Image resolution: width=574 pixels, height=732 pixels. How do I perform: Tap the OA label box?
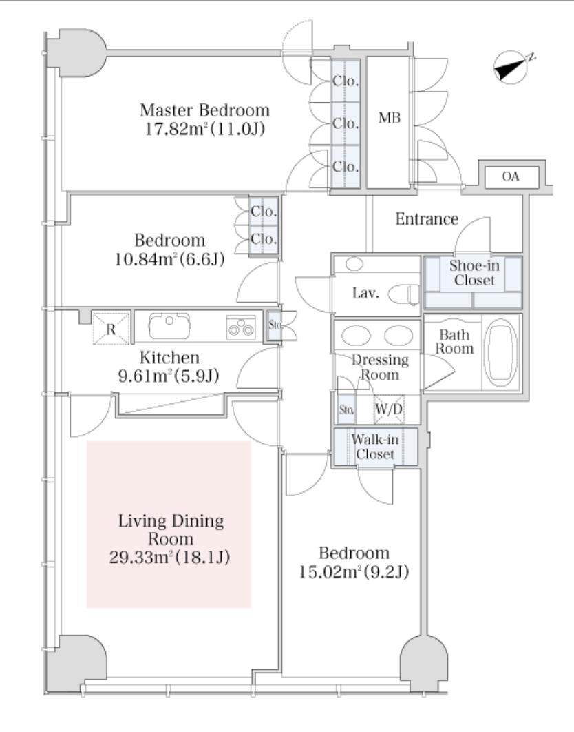pos(511,177)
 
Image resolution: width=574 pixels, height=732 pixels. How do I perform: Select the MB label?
pos(390,118)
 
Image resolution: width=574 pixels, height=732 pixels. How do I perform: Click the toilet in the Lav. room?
pos(404,294)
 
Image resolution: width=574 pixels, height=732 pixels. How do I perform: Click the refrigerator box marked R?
pos(111,329)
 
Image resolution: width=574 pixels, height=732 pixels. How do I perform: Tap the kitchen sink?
pos(169,325)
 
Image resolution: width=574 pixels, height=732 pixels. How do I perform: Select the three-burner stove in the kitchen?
pos(241,327)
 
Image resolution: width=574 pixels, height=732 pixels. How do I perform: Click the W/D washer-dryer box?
pos(389,409)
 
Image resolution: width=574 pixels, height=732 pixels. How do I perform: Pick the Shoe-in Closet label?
pos(474,273)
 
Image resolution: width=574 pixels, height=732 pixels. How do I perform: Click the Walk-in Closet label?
pos(375,447)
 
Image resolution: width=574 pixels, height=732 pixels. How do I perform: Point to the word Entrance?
pos(427,219)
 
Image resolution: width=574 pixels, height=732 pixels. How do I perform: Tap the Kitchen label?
pos(170,358)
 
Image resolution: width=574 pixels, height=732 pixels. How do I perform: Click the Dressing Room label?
pos(379,367)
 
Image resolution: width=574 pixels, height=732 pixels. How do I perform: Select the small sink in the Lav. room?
pos(355,264)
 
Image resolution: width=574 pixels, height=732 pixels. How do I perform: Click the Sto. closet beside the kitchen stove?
pos(274,325)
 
